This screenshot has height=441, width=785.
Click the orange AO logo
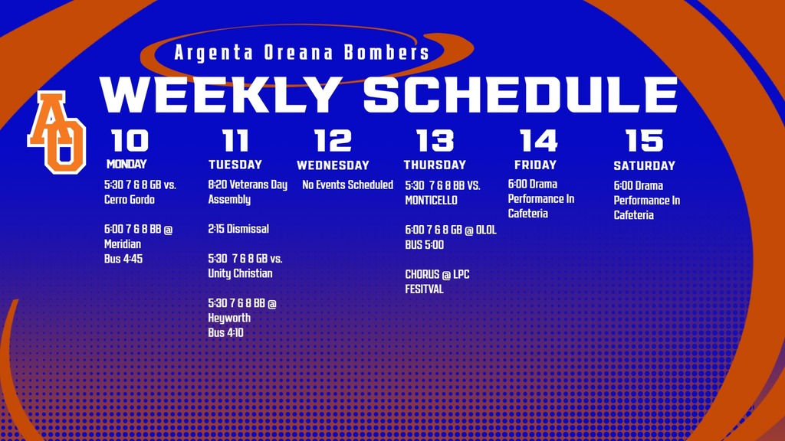[57, 132]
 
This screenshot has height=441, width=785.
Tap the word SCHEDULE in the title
[521, 95]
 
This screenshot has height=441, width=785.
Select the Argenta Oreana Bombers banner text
[301, 54]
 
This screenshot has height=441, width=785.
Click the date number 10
[130, 141]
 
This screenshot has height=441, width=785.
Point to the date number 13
[435, 141]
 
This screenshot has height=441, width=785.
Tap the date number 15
[644, 141]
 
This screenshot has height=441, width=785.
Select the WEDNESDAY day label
[333, 165]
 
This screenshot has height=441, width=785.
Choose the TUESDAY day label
[235, 165]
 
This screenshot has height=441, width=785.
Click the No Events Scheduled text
[347, 185]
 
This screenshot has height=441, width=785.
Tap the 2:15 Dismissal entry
[238, 229]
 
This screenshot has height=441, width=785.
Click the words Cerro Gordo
[129, 200]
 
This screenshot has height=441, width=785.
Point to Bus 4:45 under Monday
[123, 259]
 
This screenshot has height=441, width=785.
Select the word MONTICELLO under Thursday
[431, 200]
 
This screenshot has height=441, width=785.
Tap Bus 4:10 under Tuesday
[225, 333]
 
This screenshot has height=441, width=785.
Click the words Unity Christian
[240, 273]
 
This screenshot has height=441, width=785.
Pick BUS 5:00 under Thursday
[424, 245]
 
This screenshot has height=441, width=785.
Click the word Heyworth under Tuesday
[229, 318]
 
